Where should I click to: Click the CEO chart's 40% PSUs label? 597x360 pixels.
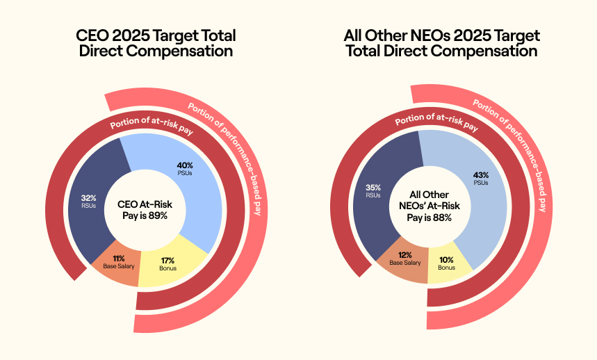pyautogui.click(x=185, y=169)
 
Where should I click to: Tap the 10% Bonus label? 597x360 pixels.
pyautogui.click(x=446, y=263)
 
